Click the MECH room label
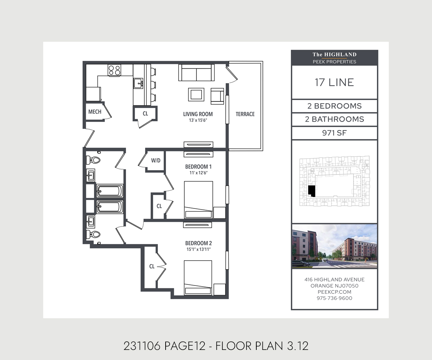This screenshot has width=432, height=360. [x=95, y=112]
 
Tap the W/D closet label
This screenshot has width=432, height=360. [x=156, y=160]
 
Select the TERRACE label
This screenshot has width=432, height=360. [x=245, y=114]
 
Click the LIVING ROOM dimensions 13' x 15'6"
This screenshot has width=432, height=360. [x=198, y=120]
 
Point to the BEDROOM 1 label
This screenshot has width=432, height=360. [x=198, y=167]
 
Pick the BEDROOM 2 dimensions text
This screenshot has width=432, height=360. [x=199, y=249]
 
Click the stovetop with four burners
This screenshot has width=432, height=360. [x=114, y=70]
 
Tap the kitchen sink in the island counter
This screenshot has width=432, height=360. [x=138, y=84]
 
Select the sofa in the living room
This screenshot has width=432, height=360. [x=196, y=72]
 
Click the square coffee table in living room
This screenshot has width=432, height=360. [x=196, y=95]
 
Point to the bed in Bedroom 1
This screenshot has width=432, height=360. [x=198, y=200]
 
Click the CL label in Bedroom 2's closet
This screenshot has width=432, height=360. [x=152, y=266]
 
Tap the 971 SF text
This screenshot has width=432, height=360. [x=334, y=133]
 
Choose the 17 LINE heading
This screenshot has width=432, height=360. [x=334, y=82]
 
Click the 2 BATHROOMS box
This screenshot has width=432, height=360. [x=334, y=120]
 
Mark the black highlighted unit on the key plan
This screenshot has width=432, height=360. [x=311, y=191]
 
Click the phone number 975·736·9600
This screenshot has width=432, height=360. [x=334, y=298]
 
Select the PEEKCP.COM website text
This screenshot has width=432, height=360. [x=334, y=292]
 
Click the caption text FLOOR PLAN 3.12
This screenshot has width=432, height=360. [x=262, y=346]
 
